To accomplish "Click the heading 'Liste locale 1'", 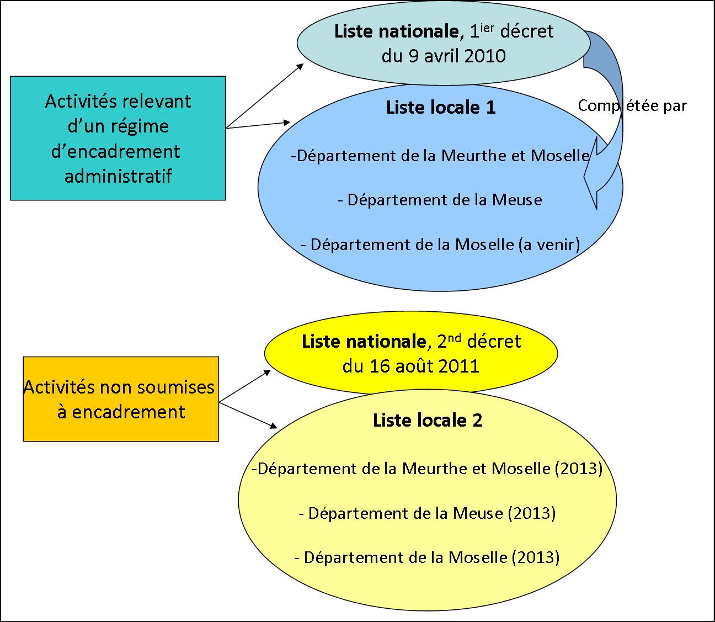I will (441, 107).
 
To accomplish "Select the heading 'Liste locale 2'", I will (428, 421).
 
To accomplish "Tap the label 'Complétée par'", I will (632, 105).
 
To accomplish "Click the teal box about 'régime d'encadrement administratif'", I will (118, 137).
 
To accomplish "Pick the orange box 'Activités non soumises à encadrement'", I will (120, 398).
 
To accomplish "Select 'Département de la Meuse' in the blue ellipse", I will (440, 200).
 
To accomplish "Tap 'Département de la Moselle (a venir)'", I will (440, 244).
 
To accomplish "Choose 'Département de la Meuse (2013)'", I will (426, 513).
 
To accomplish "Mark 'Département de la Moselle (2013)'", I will (428, 557).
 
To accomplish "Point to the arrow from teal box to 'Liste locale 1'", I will (258, 125).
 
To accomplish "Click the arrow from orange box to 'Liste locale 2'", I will (248, 414).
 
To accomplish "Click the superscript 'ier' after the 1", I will (486, 26).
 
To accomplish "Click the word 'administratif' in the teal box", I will (118, 176).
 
